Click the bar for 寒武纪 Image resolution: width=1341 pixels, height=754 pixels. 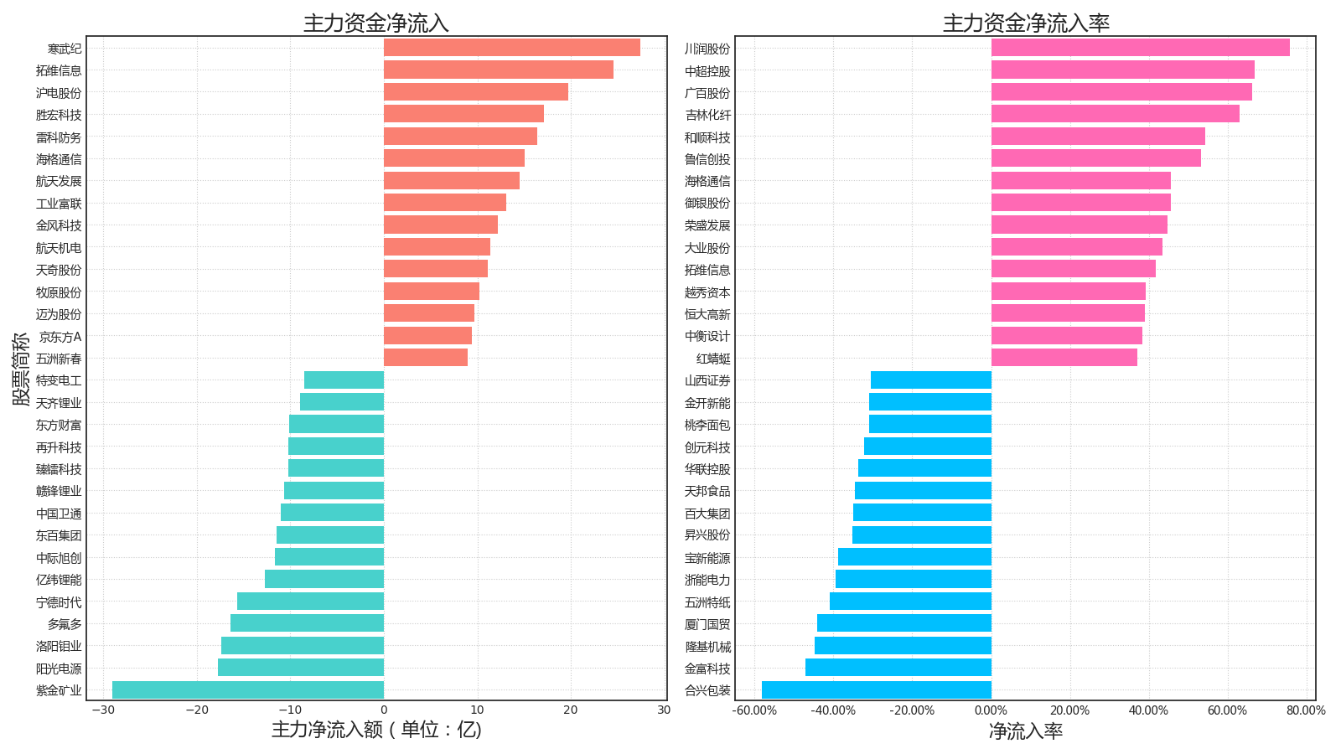(512, 48)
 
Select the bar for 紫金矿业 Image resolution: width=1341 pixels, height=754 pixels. (248, 690)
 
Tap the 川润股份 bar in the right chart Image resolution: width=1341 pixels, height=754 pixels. (1141, 48)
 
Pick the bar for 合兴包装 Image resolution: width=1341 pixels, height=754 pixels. (877, 690)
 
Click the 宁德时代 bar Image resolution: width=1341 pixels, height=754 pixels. (310, 602)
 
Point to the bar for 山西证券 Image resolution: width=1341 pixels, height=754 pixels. (931, 380)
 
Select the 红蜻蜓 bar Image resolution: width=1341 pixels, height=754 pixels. (1064, 358)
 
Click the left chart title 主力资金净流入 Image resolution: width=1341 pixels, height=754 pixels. (376, 23)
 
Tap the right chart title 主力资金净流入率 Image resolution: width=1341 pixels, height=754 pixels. (1026, 23)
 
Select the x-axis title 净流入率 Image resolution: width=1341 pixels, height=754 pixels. (1026, 731)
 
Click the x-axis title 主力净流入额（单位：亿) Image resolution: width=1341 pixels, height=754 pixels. (376, 730)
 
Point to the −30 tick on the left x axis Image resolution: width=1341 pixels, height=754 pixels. (104, 710)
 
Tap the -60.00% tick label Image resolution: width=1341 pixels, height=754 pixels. (754, 710)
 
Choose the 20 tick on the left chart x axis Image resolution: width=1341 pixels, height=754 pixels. (571, 710)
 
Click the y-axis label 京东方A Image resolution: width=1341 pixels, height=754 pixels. (60, 337)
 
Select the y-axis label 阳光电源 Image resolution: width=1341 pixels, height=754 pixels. (59, 669)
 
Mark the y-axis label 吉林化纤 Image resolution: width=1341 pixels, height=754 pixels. (707, 115)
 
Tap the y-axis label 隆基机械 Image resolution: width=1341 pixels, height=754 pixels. (707, 646)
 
